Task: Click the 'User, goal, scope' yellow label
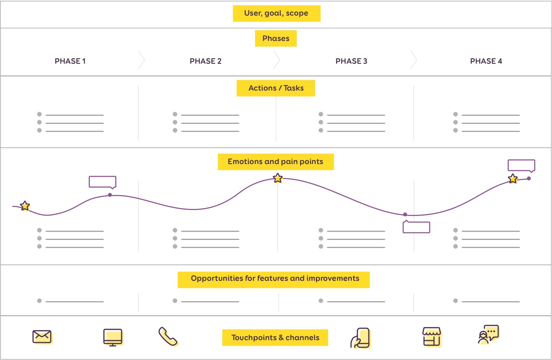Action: pos(276,13)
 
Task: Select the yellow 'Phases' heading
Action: pos(276,38)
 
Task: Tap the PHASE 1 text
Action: pos(70,61)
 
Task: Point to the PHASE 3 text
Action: pos(351,61)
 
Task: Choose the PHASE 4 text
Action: pos(486,61)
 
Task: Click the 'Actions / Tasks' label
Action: pos(276,88)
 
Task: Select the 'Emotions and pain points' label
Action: pos(276,162)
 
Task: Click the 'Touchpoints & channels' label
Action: pos(275,338)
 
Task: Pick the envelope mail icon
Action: pos(42,337)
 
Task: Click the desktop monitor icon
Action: pos(113,337)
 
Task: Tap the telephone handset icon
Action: pos(168,336)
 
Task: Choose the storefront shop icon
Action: pos(432,337)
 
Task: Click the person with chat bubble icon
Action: pos(488,335)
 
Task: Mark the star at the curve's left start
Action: pos(25,206)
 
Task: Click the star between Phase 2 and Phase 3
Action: pos(278,178)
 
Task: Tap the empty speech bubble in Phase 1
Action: pos(103,182)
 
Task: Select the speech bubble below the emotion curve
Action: pos(416,227)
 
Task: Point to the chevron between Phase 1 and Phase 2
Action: pos(141,60)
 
